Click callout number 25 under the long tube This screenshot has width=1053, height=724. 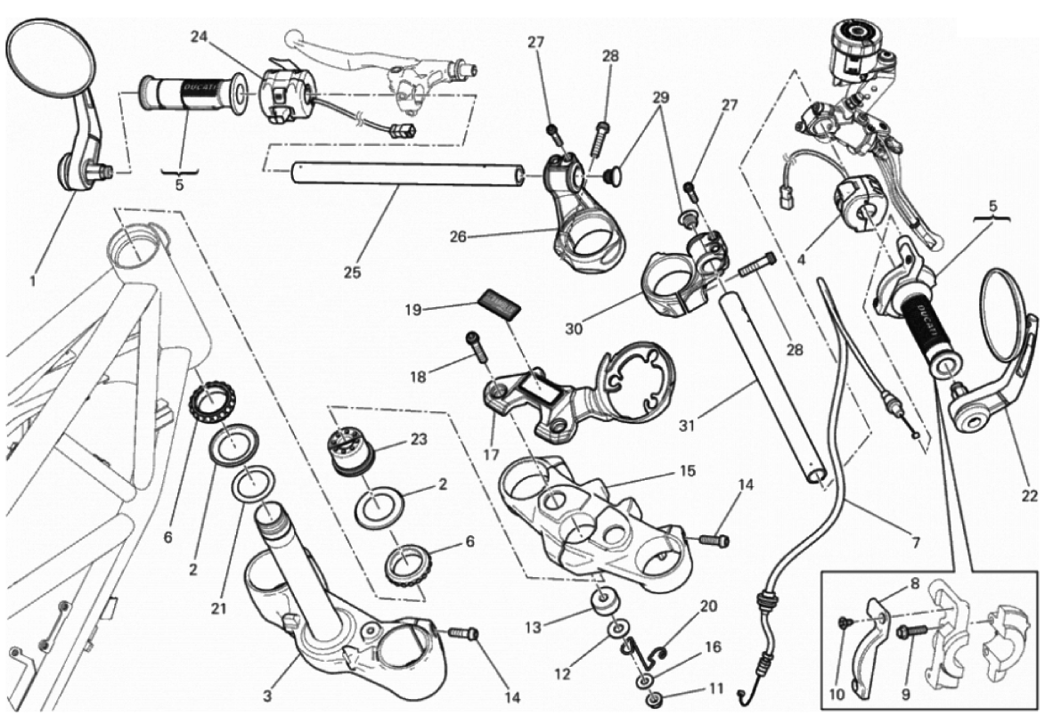pos(353,273)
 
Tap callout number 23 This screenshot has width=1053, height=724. pos(418,439)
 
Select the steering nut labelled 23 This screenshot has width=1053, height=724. pos(348,447)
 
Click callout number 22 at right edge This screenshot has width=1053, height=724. pos(1030,497)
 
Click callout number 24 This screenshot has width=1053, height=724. pos(199,37)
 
